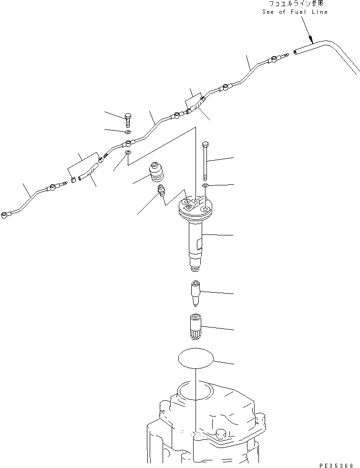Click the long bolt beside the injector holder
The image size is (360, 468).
(205, 159)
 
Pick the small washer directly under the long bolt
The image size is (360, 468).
(205, 185)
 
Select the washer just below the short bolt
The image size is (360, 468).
(128, 132)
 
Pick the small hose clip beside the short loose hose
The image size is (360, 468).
(73, 180)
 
